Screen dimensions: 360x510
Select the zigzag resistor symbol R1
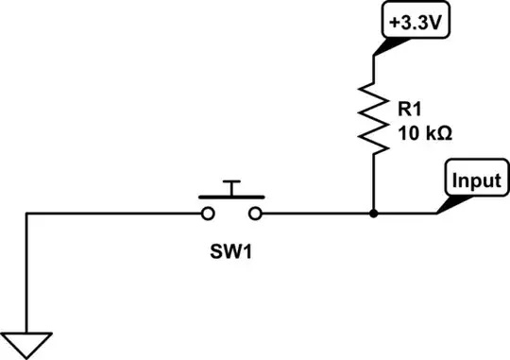(x=374, y=118)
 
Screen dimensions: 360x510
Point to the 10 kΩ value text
(x=426, y=133)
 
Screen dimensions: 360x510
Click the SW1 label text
(x=230, y=254)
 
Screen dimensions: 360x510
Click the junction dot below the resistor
(x=374, y=214)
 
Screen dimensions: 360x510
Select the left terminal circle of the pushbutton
(x=205, y=214)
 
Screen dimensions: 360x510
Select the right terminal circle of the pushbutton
(x=257, y=214)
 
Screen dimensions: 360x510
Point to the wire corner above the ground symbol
(x=27, y=214)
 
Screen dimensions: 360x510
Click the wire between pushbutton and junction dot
(x=316, y=214)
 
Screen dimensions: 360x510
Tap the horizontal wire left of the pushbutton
(x=113, y=214)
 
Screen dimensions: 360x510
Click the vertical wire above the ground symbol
(x=27, y=274)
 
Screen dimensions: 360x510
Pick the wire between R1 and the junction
(x=374, y=184)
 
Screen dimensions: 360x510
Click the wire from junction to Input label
(x=406, y=214)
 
